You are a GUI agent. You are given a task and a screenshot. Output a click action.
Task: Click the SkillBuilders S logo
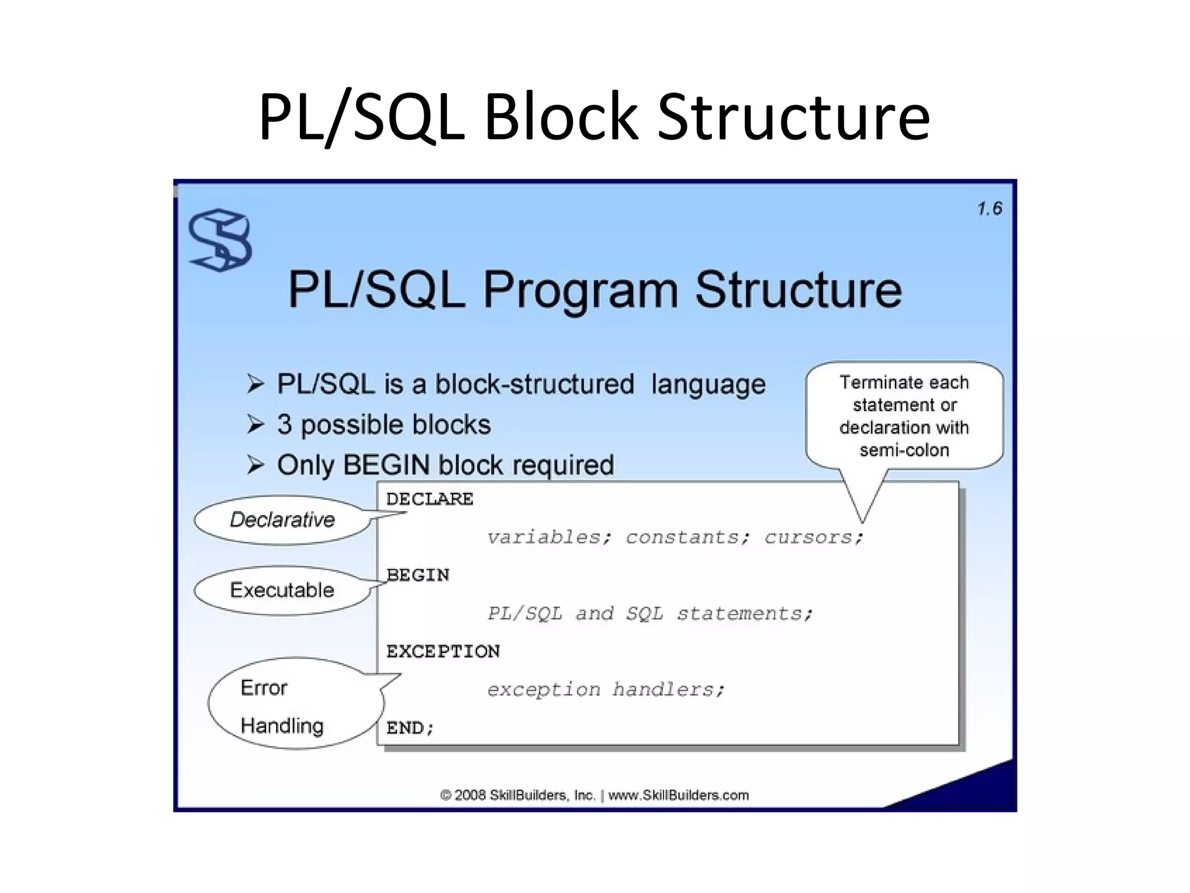click(x=220, y=240)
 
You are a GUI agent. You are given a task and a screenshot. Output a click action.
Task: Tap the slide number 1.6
click(x=990, y=209)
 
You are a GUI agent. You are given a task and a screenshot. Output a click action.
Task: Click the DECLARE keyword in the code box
click(x=429, y=499)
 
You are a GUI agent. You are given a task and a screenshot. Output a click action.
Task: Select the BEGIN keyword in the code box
click(x=418, y=575)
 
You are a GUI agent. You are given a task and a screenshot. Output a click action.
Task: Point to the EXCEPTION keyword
click(x=443, y=651)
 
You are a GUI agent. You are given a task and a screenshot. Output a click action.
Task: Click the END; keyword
click(x=410, y=727)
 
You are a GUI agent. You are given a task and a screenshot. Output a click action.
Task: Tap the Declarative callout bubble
click(x=282, y=520)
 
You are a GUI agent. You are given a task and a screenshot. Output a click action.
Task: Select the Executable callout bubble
click(x=282, y=590)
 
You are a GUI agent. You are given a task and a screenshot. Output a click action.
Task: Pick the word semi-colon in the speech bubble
click(x=904, y=450)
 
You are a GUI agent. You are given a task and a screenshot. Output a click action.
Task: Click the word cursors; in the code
click(x=814, y=537)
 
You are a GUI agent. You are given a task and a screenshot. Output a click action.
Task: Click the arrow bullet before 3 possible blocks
click(x=255, y=424)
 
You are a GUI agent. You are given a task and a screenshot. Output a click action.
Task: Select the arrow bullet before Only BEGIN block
click(x=255, y=465)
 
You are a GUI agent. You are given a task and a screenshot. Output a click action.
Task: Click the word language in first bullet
click(x=708, y=384)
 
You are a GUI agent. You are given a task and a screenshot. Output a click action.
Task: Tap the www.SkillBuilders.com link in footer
click(x=678, y=795)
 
